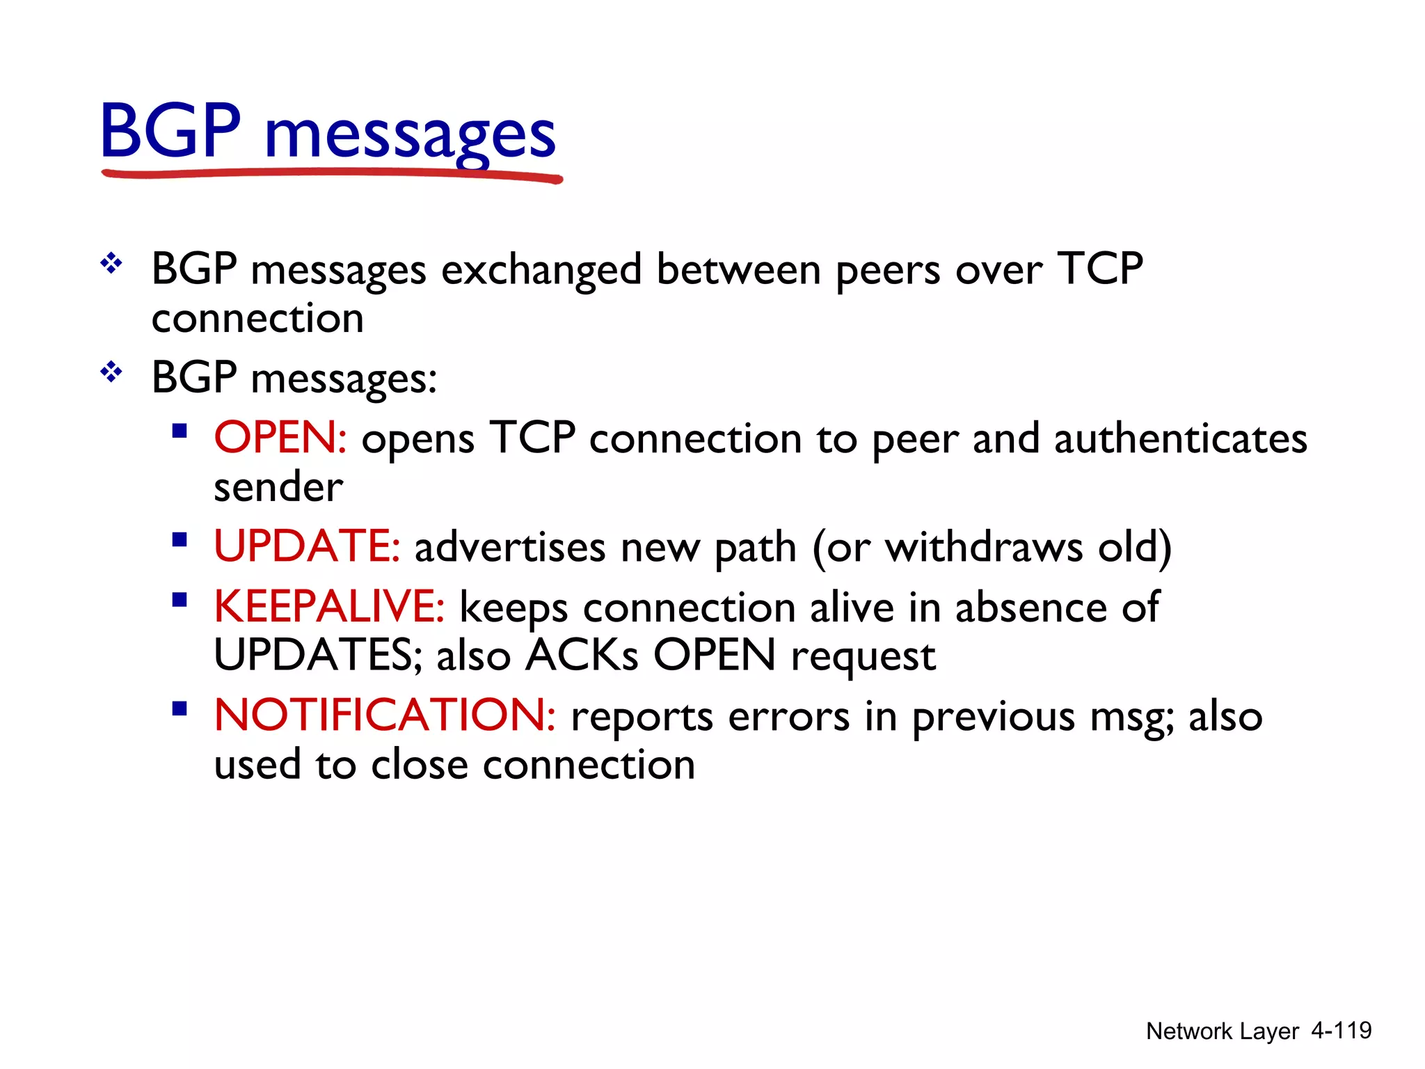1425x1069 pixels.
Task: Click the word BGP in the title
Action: coord(170,131)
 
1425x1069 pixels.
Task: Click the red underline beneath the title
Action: coord(331,174)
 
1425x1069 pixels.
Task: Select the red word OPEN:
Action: coord(280,438)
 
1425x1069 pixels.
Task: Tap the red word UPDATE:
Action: coord(307,546)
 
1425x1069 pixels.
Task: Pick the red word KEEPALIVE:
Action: coord(329,606)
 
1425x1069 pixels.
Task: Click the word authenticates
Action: coord(1180,439)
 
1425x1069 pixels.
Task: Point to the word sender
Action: coord(278,486)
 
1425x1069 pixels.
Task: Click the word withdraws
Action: coord(984,547)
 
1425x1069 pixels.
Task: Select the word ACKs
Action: coord(581,655)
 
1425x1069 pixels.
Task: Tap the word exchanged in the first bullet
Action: coord(541,270)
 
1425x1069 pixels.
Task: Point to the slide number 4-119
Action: coord(1341,1031)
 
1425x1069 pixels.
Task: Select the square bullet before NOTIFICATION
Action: coord(180,709)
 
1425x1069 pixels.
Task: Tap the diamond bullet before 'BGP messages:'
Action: coord(111,372)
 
